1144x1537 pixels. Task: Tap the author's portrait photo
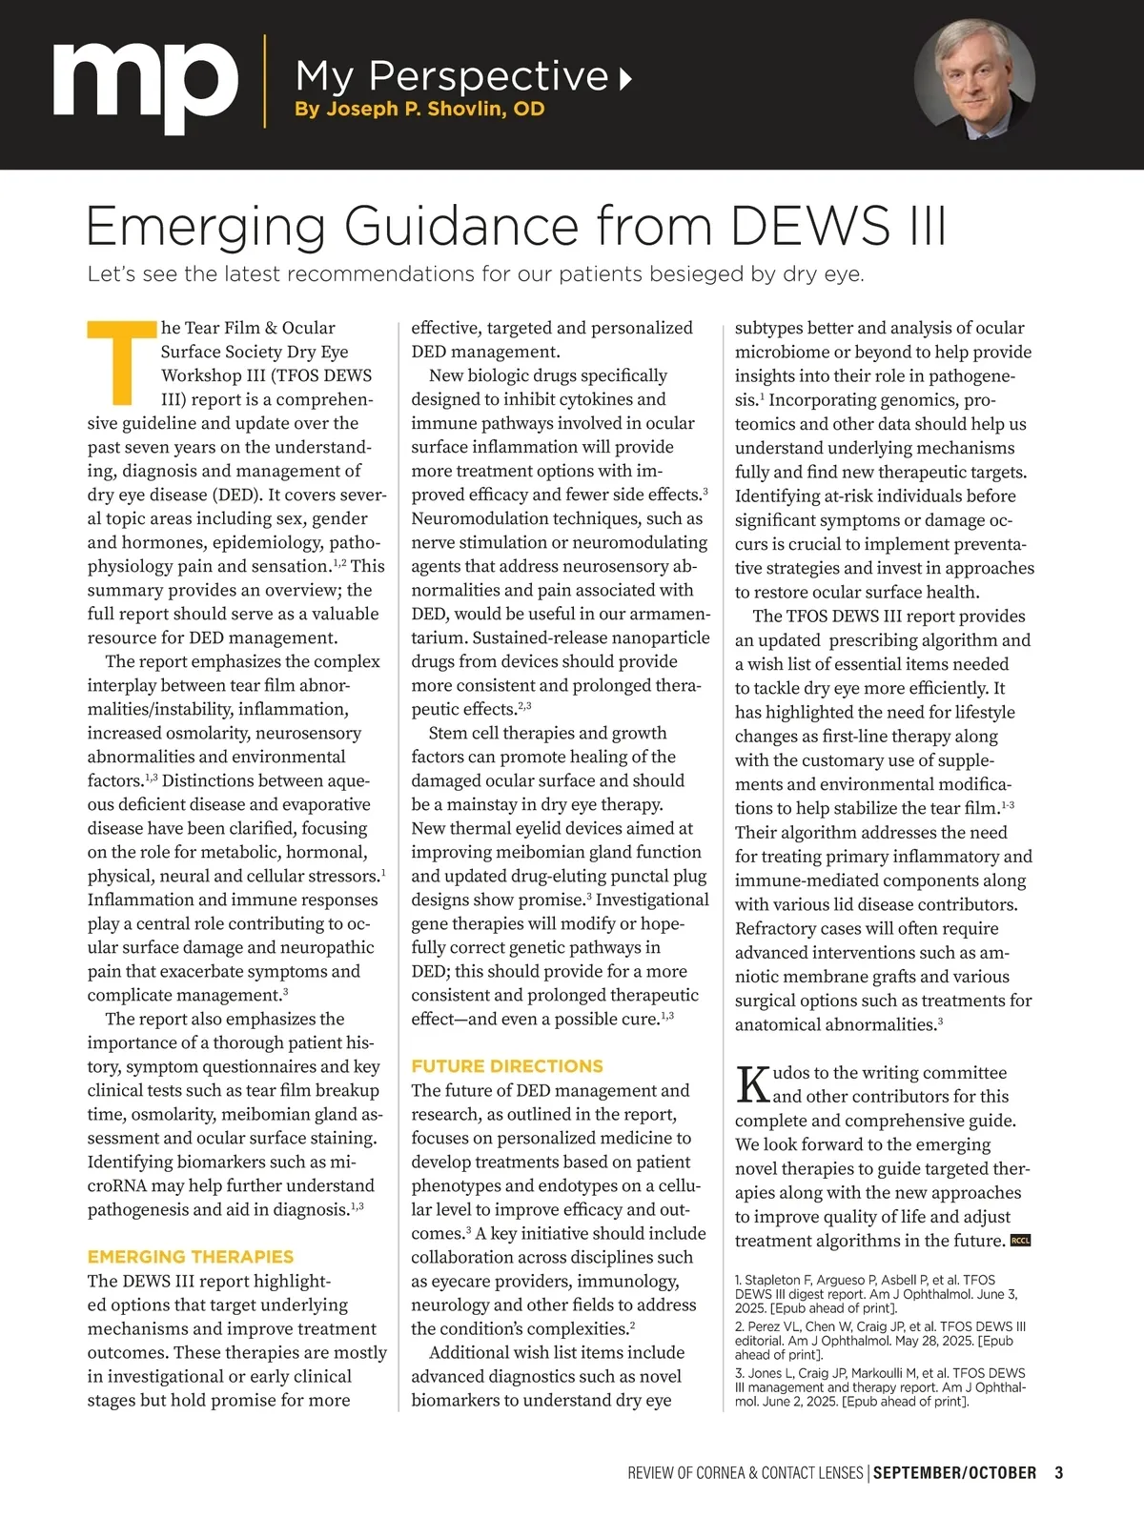click(974, 79)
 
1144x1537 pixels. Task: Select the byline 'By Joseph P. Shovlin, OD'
click(419, 109)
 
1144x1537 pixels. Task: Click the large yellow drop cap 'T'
click(121, 362)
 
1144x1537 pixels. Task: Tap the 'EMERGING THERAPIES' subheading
click(191, 1257)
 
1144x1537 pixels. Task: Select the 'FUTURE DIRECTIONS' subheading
click(507, 1066)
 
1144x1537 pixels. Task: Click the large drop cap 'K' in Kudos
click(753, 1084)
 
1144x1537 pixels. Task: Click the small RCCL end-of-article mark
click(1020, 1241)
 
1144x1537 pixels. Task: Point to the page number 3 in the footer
click(1059, 1472)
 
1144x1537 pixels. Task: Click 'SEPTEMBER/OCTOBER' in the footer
click(954, 1472)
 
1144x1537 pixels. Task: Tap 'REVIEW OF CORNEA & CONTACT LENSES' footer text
click(745, 1472)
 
